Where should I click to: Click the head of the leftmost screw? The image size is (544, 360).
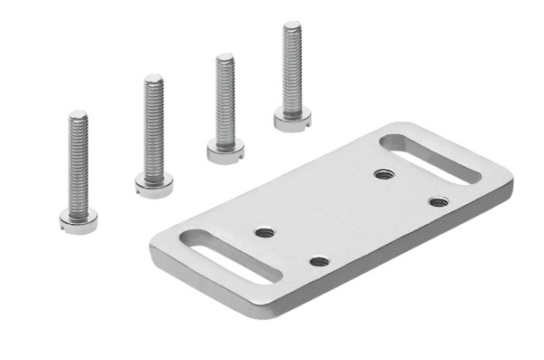(78, 220)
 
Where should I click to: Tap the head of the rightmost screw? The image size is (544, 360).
(292, 119)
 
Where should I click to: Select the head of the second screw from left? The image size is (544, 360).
(154, 185)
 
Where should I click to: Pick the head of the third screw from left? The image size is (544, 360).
(225, 150)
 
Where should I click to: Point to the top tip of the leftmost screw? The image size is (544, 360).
(78, 114)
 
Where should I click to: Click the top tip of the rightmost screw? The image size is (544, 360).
(292, 25)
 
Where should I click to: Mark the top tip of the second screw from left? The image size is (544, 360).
(154, 77)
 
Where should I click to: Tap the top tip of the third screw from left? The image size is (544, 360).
(225, 57)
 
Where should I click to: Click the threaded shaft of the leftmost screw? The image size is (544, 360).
(78, 163)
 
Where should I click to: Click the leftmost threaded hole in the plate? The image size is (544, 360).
(265, 232)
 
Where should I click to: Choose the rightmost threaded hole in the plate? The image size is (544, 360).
(439, 201)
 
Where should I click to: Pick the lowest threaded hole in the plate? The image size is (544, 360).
(318, 261)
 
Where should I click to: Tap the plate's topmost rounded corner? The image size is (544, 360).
(395, 126)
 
